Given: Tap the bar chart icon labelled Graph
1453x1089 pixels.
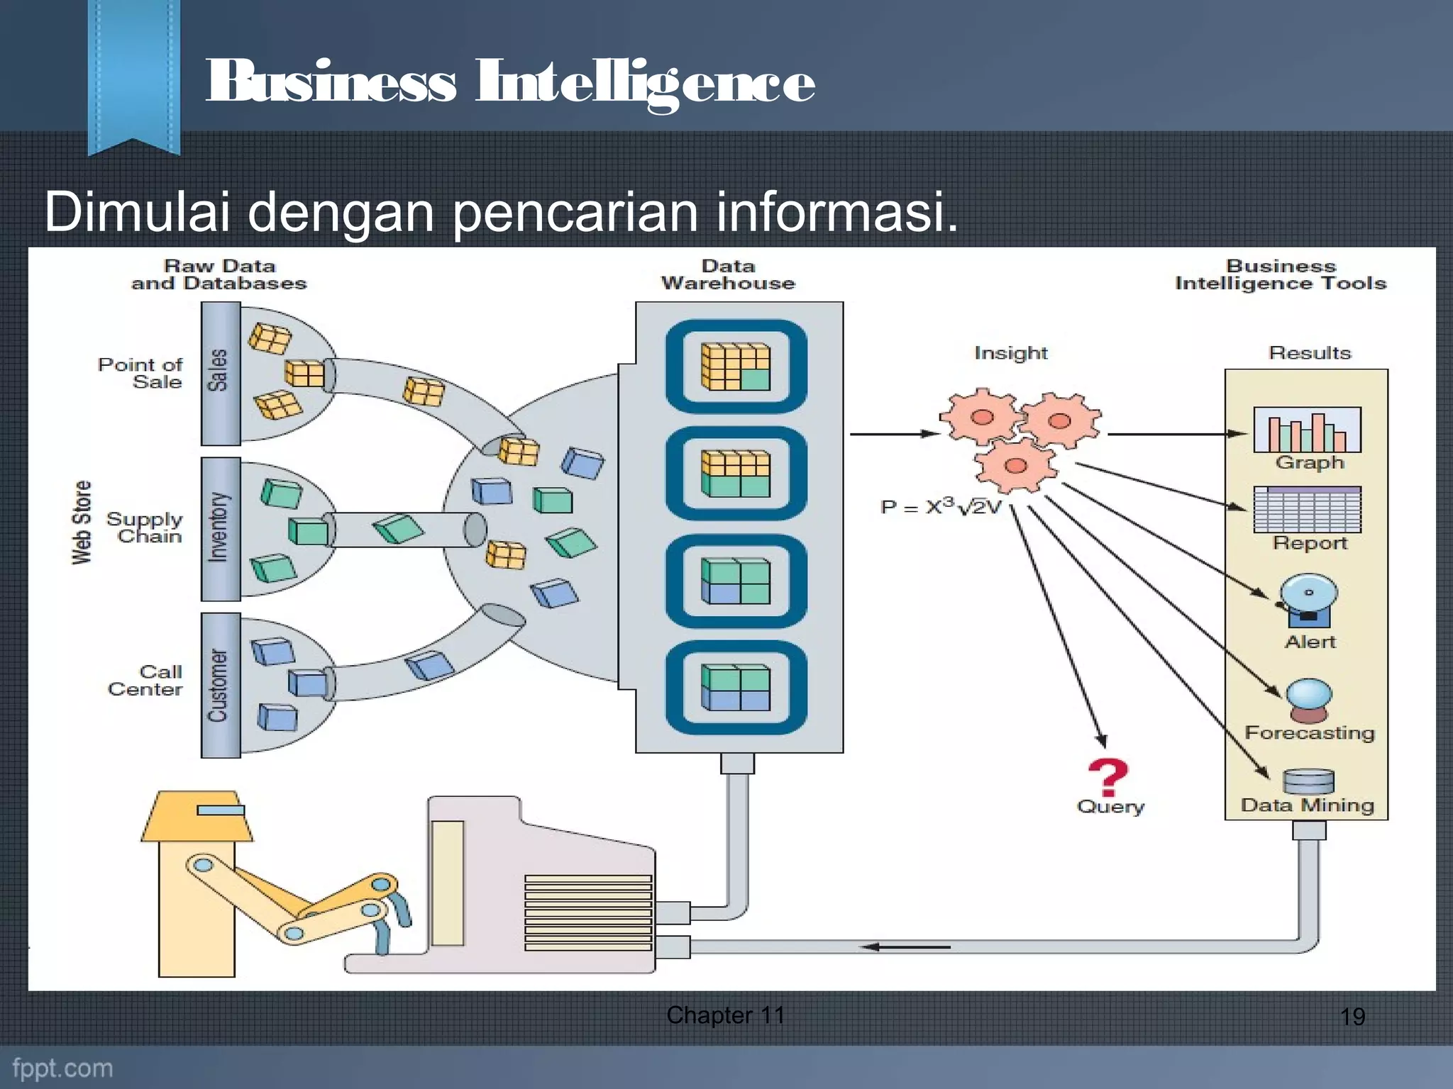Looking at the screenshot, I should tap(1307, 430).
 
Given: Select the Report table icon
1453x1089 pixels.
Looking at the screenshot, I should tap(1307, 510).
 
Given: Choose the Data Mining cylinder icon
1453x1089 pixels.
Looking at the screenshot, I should tap(1308, 782).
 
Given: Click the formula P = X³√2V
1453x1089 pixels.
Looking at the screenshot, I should tap(941, 506).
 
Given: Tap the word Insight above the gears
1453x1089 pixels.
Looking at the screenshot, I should tap(1010, 353).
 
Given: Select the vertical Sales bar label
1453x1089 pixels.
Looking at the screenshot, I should tap(220, 372).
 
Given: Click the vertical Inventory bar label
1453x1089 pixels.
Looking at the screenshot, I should tap(220, 528).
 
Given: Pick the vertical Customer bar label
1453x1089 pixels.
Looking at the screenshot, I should tap(220, 685).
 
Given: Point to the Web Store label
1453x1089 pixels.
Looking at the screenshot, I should tap(82, 523).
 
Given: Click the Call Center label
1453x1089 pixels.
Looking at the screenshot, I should tap(145, 681).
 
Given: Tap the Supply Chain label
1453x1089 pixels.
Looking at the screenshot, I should tap(145, 528).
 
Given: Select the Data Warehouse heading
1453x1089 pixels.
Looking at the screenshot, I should tap(728, 275).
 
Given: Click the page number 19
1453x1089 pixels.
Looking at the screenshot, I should tap(1352, 1017).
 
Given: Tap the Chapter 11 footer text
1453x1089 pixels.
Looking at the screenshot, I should tap(725, 1015).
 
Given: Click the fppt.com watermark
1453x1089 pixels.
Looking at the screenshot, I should tap(62, 1068).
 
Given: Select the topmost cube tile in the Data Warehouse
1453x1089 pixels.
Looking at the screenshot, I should tap(736, 367).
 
